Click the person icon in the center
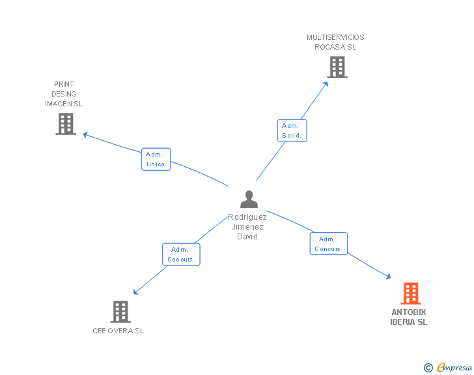pyautogui.click(x=249, y=200)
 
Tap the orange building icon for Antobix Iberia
pyautogui.click(x=411, y=293)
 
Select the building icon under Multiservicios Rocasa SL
pyautogui.click(x=337, y=67)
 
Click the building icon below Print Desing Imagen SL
pyautogui.click(x=66, y=124)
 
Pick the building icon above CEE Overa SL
pyautogui.click(x=120, y=312)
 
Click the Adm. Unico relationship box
pyautogui.click(x=156, y=159)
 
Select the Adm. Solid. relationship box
pyautogui.click(x=292, y=130)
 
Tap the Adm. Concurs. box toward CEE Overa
pyautogui.click(x=181, y=254)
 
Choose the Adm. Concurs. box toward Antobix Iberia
pyautogui.click(x=329, y=244)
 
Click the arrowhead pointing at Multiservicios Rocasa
pyautogui.click(x=326, y=85)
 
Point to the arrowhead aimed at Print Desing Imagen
pyautogui.click(x=85, y=134)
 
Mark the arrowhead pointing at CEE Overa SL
pyautogui.click(x=135, y=292)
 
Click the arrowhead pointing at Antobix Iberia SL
pyautogui.click(x=388, y=277)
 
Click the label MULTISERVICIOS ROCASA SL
pyautogui.click(x=335, y=42)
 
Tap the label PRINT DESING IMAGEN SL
pyautogui.click(x=64, y=94)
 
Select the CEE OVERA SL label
pyautogui.click(x=118, y=331)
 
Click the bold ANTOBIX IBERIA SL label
pyautogui.click(x=409, y=317)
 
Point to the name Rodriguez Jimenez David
pyautogui.click(x=247, y=226)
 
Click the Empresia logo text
pyautogui.click(x=454, y=367)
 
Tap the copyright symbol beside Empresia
pyautogui.click(x=428, y=368)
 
